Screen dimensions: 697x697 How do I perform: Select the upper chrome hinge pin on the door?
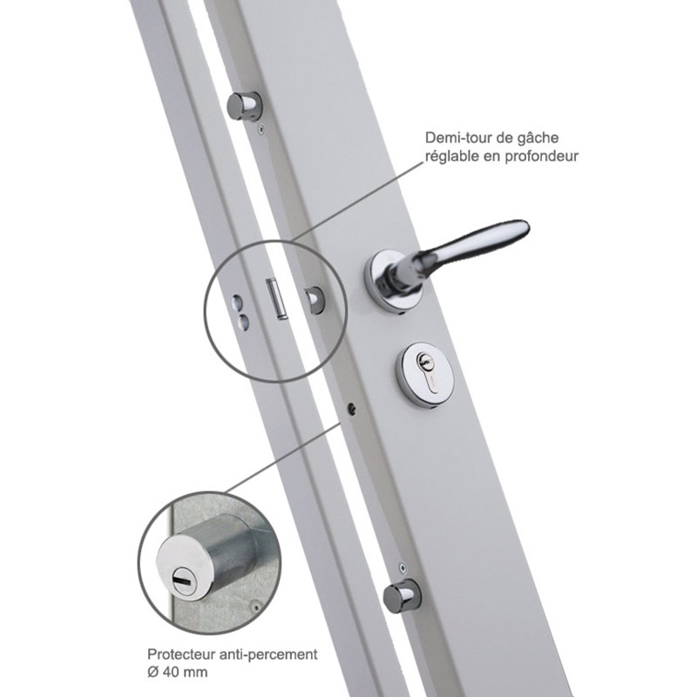tap(245, 105)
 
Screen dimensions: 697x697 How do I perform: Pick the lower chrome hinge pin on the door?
tap(402, 596)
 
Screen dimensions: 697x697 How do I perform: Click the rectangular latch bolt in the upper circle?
tap(275, 299)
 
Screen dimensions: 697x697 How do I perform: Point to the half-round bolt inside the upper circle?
tap(315, 300)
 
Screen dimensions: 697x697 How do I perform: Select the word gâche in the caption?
tap(538, 139)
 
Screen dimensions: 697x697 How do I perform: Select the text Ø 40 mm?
tap(178, 672)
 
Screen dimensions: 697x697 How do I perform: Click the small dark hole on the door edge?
tap(352, 408)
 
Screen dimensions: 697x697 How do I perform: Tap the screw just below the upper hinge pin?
tap(261, 129)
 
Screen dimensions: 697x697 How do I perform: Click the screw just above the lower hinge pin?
tap(403, 568)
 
